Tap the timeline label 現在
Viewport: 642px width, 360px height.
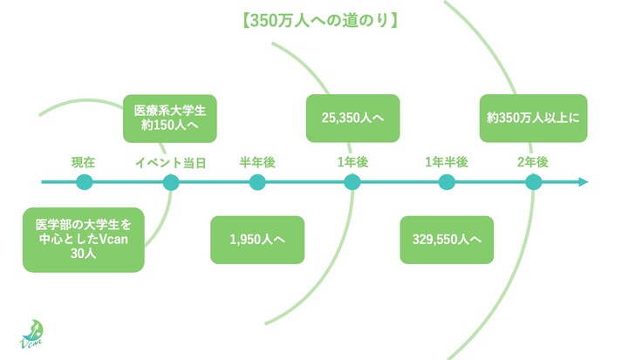pos(84,162)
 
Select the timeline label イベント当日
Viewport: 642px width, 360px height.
pos(170,162)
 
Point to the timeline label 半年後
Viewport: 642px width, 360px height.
pos(257,162)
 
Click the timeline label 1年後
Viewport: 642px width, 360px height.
pos(352,162)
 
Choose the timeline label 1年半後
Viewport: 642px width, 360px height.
pos(447,162)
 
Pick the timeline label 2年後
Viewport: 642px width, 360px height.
pos(532,162)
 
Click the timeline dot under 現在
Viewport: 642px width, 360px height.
pos(84,182)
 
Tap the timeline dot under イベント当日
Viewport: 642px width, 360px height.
pos(171,182)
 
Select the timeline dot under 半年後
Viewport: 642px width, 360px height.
pos(257,182)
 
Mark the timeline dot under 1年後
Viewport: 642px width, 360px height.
pos(352,182)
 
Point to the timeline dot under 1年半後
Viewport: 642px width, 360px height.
pos(447,182)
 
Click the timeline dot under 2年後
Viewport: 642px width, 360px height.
pos(533,182)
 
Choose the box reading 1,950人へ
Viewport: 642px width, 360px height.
pos(257,240)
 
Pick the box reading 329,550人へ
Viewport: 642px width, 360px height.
pos(447,240)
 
